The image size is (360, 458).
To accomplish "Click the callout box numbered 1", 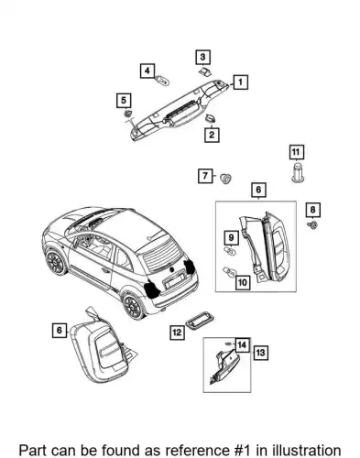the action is (241, 82).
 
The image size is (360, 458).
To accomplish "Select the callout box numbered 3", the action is (202, 57).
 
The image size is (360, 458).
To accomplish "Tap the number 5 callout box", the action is (124, 101).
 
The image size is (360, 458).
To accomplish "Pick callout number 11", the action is (296, 152).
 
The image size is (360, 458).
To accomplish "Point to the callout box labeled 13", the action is (260, 353).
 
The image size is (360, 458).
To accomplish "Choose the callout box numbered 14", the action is (242, 345).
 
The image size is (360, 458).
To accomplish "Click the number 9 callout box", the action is (231, 237).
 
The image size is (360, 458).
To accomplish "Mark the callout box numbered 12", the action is (177, 333).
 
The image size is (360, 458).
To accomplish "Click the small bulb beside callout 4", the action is (163, 81).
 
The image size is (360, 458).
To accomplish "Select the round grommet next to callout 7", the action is (226, 178).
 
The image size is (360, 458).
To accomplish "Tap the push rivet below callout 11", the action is (297, 173).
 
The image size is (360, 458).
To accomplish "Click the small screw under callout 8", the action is (312, 225).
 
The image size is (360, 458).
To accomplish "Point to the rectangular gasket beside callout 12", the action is (200, 322).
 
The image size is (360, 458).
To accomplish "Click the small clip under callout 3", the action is (204, 72).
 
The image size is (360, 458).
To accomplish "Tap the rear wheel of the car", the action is (134, 306).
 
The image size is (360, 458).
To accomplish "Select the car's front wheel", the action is (56, 262).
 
